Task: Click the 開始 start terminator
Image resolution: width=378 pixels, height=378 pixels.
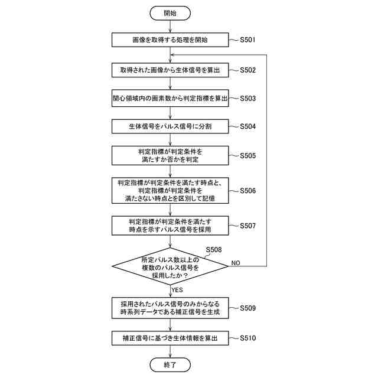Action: tap(170, 12)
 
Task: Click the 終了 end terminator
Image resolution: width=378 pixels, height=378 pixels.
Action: tap(170, 365)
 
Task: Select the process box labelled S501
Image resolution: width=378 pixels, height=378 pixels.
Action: tap(170, 41)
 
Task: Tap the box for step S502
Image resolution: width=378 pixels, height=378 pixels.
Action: tap(170, 70)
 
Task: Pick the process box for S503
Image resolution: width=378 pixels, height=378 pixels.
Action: tap(170, 98)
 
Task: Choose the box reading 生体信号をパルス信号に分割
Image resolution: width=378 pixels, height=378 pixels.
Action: tap(170, 126)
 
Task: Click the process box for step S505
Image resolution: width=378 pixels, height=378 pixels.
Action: tap(170, 156)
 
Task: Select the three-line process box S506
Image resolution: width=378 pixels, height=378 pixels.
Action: tap(170, 191)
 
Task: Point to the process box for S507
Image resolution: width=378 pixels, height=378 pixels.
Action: tap(170, 225)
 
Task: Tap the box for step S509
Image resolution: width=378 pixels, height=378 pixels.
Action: tap(170, 308)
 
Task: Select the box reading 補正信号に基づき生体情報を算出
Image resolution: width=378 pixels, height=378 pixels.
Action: tap(170, 338)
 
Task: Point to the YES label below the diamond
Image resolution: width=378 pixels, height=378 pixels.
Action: tap(177, 290)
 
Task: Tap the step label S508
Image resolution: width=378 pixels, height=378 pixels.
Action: tap(214, 250)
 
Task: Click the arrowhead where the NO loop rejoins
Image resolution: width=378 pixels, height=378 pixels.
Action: tap(172, 55)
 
